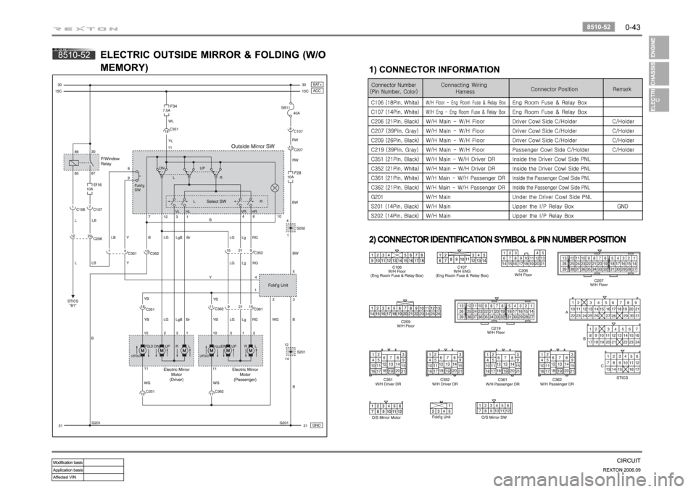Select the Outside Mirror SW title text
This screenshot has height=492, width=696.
(252, 146)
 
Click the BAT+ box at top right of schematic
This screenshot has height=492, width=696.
(317, 84)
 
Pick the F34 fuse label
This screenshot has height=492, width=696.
(174, 105)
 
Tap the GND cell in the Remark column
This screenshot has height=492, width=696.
(622, 206)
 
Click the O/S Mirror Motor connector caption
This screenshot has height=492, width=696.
(386, 417)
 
